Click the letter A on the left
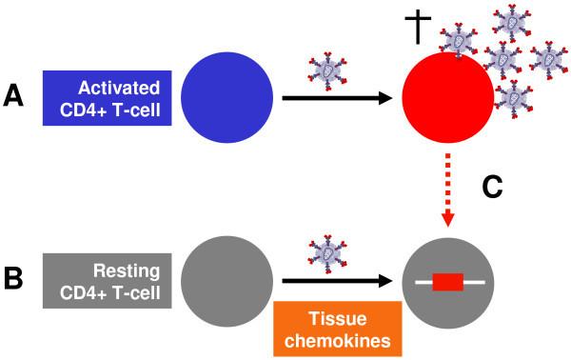coord(16,94)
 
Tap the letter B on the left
coord(16,283)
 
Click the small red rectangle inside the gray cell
coord(446,281)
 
